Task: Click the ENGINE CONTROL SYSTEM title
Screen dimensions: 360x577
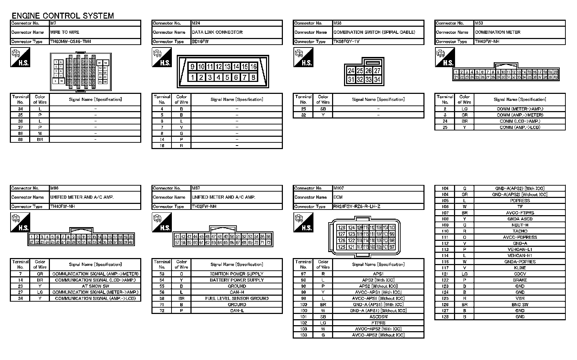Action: tap(63, 15)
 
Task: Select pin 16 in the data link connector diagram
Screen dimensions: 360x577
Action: tap(253, 67)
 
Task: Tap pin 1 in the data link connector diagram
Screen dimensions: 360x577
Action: tap(193, 77)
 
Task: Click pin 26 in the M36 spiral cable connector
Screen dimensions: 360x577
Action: tap(368, 71)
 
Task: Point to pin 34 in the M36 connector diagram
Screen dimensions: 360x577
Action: tap(377, 79)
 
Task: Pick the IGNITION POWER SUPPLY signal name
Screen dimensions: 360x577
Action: tap(236, 274)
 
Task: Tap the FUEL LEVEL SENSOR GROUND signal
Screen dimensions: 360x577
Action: tap(236, 298)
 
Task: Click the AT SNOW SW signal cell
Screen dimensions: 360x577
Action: tap(95, 286)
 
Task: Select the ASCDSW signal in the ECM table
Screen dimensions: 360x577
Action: tap(378, 317)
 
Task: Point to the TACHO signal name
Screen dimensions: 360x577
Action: tap(520, 231)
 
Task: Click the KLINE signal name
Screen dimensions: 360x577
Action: tap(520, 268)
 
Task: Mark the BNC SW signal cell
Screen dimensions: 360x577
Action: tap(520, 304)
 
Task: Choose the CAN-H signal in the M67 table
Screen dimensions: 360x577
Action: tap(236, 292)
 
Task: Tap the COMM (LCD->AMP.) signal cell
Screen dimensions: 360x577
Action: tap(520, 121)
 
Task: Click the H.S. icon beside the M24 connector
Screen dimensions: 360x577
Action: tap(162, 58)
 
